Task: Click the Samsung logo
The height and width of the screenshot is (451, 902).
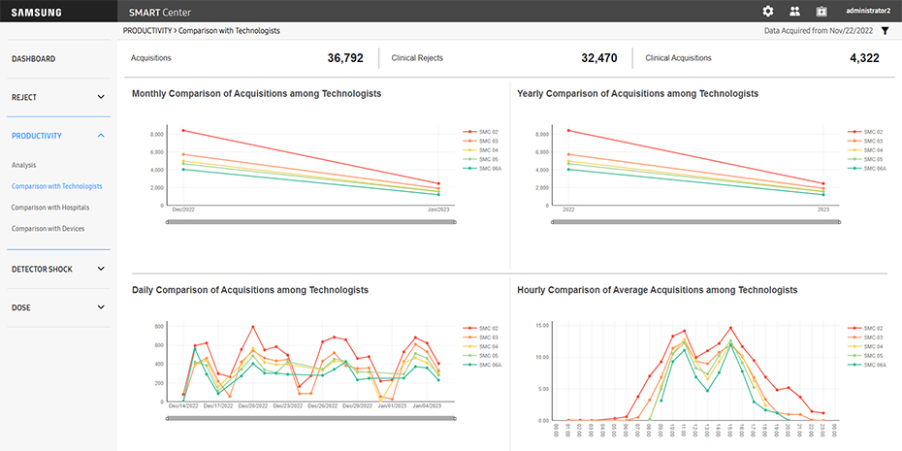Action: tap(37, 12)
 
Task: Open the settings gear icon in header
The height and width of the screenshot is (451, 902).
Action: tap(768, 12)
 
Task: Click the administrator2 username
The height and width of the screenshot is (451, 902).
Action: tap(868, 12)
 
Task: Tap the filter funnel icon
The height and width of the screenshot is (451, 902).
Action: tap(885, 31)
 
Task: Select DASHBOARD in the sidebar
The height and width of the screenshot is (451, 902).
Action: tap(33, 59)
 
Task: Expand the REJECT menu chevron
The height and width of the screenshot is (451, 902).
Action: tap(101, 97)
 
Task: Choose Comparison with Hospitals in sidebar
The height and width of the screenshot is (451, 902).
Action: tap(49, 208)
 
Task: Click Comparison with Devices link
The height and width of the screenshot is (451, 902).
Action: tap(48, 229)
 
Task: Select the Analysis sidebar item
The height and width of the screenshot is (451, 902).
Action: tap(23, 166)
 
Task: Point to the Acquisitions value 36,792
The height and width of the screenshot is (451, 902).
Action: tap(345, 58)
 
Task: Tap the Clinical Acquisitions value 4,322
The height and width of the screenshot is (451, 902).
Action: tap(864, 58)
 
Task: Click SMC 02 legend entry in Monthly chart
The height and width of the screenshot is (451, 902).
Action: tap(488, 130)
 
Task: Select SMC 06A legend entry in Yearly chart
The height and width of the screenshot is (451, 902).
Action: tap(874, 168)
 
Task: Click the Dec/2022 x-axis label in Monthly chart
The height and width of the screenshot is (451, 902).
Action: tap(182, 209)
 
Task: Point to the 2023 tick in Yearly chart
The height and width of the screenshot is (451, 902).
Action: tap(823, 209)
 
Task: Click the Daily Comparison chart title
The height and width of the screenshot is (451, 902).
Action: tap(250, 290)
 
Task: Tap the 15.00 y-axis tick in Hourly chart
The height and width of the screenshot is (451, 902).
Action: tap(543, 326)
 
